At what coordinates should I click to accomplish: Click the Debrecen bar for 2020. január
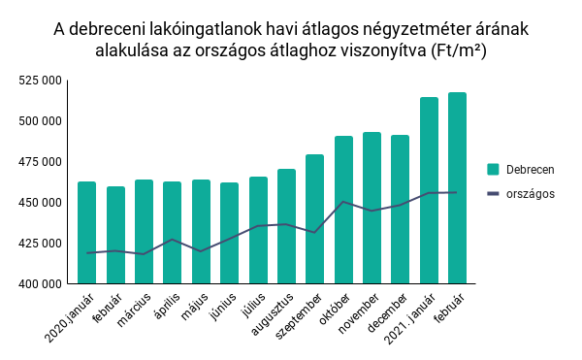[87, 233]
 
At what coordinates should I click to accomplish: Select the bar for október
[344, 211]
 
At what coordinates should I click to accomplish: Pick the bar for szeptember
[315, 219]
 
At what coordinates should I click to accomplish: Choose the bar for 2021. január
[430, 191]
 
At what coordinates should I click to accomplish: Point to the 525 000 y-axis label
[41, 81]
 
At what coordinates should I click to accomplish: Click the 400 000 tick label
[41, 284]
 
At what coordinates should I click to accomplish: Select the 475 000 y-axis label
[41, 162]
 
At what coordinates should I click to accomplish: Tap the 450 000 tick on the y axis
[41, 203]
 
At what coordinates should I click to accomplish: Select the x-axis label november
[359, 312]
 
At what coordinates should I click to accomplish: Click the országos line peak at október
[344, 202]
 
